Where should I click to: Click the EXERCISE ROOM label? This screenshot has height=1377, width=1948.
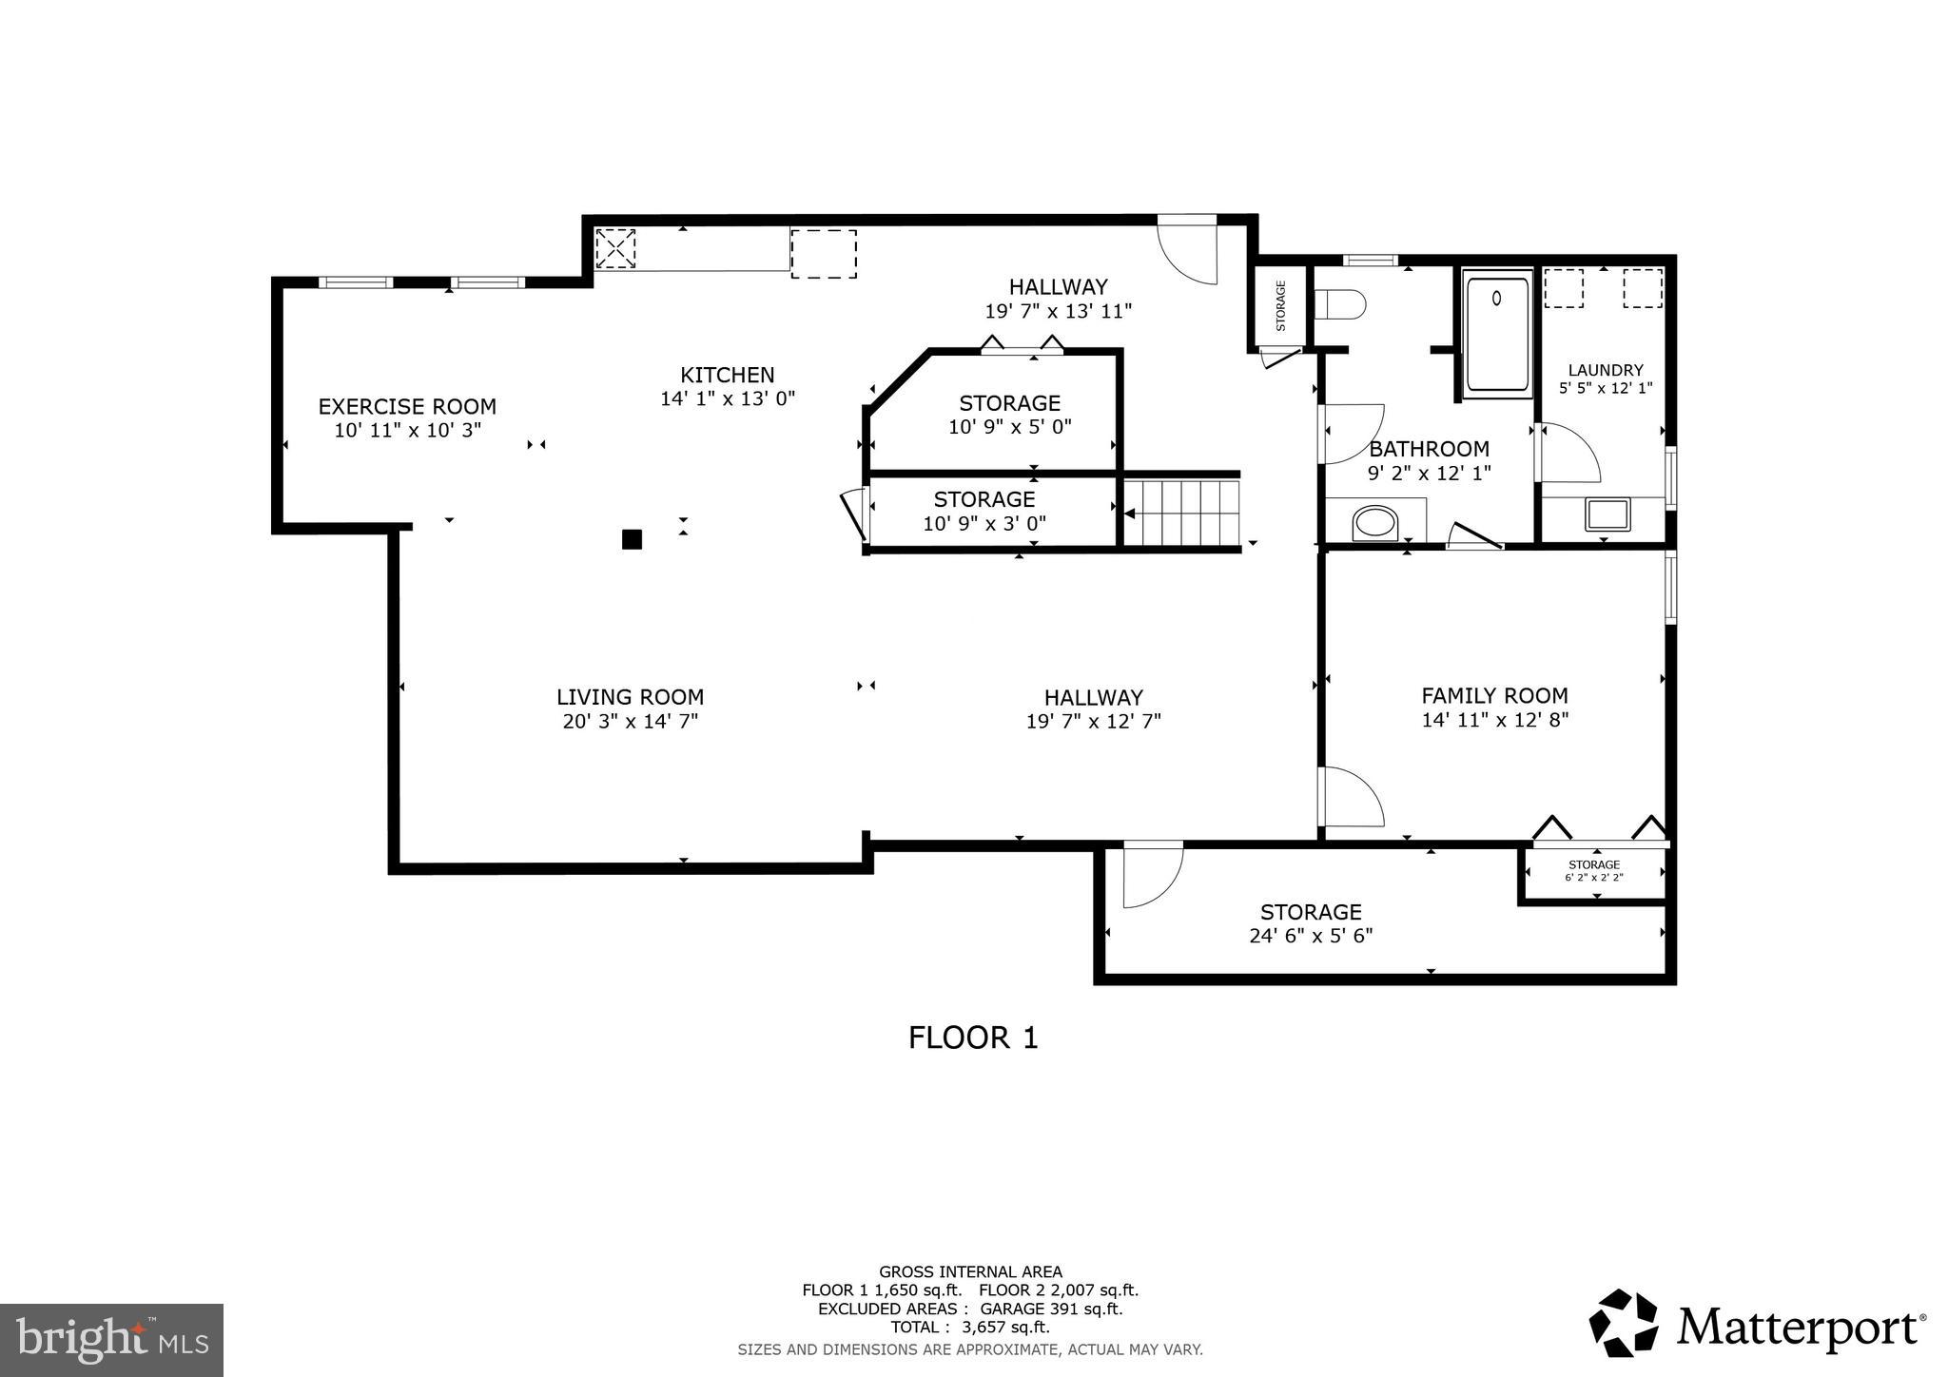point(407,406)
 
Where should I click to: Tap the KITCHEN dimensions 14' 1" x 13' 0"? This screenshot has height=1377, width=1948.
point(728,399)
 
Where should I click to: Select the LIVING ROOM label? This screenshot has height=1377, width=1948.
point(630,697)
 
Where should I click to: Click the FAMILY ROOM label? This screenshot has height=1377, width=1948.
point(1494,695)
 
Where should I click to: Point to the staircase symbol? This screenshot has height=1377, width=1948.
point(1182,514)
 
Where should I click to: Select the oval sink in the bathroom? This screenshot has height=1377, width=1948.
point(1375,523)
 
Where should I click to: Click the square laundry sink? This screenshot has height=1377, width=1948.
point(1607,514)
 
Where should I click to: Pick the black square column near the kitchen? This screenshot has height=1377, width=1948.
point(632,539)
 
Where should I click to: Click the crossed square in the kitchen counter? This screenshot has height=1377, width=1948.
point(614,249)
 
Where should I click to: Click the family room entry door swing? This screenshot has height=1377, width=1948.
point(1352,796)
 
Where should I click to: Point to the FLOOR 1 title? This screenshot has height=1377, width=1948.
point(973,1038)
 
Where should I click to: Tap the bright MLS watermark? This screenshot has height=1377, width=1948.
point(111,1340)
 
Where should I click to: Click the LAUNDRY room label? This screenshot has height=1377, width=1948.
point(1605,370)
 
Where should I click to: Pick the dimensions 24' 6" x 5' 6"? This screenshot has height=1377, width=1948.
point(1310,936)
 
